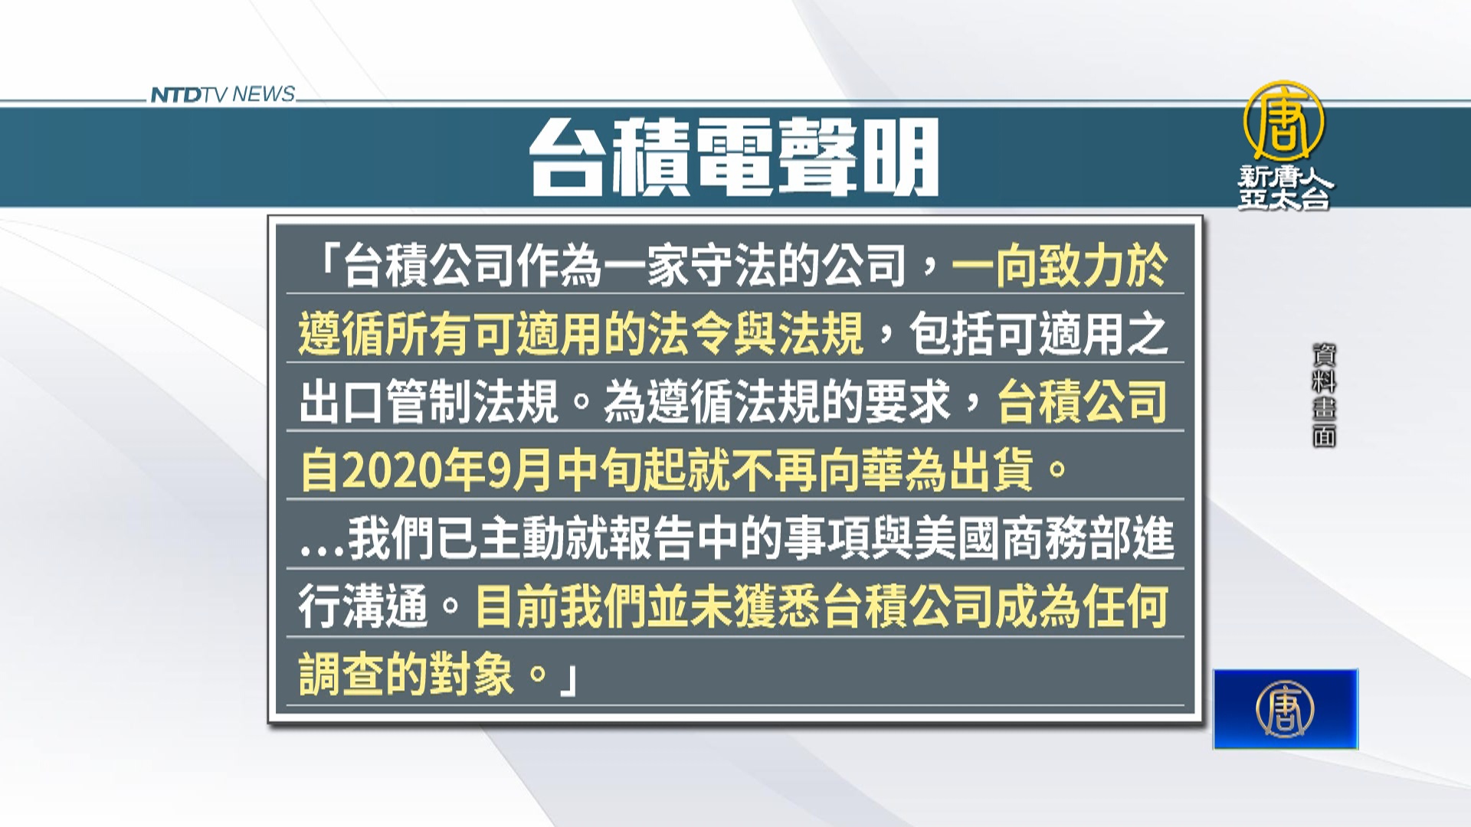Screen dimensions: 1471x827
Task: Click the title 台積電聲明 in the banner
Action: [x=734, y=157]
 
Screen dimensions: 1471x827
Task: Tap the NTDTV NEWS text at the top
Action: [x=222, y=94]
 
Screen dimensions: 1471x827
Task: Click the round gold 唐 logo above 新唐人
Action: [x=1283, y=121]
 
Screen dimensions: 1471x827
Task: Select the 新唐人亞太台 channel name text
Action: [x=1286, y=188]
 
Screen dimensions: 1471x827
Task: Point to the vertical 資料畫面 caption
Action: [x=1324, y=395]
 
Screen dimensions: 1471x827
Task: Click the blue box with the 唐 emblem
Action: [x=1286, y=709]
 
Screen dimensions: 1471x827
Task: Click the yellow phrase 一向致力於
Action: [x=1060, y=266]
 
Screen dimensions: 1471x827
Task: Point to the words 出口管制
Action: [x=385, y=402]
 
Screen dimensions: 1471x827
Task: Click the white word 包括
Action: [x=952, y=334]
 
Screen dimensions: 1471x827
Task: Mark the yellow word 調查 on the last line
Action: [x=341, y=675]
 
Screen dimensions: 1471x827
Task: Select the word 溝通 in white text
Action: [x=385, y=606]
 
